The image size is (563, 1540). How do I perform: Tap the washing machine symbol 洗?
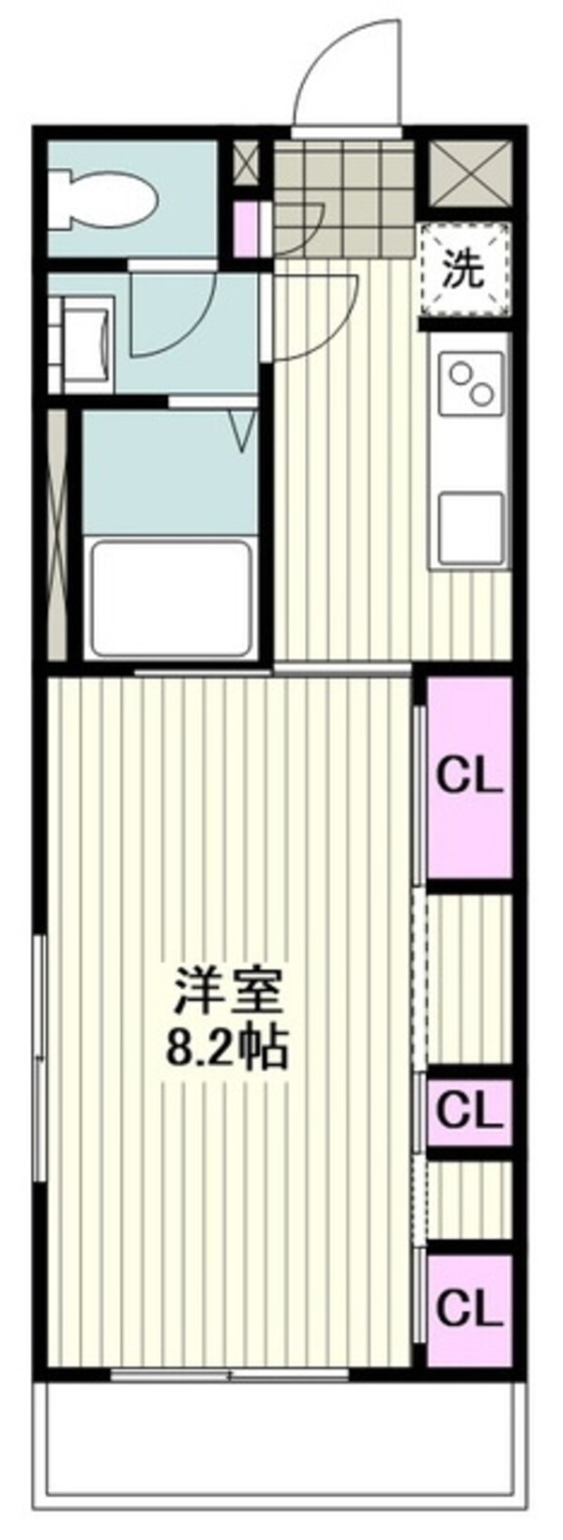(x=464, y=269)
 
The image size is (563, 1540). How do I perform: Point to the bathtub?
(x=170, y=601)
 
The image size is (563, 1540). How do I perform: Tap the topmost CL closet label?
(x=469, y=777)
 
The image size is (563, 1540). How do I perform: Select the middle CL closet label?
(x=469, y=1113)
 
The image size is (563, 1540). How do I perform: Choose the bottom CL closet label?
(x=469, y=1306)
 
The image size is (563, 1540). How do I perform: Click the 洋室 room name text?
(x=225, y=990)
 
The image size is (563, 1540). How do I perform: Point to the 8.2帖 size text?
(x=225, y=1048)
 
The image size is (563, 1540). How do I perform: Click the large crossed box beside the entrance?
(x=470, y=173)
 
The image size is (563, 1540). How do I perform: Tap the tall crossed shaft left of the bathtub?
(x=57, y=535)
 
